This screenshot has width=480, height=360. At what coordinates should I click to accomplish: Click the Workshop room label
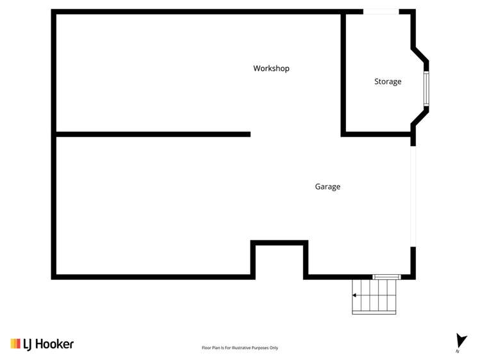tap(271, 69)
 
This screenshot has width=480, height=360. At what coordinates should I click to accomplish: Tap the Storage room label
tap(388, 82)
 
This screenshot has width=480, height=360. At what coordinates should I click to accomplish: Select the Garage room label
tap(327, 187)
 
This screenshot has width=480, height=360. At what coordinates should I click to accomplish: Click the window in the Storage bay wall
tap(426, 89)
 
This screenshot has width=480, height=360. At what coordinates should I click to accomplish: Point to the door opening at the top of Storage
tap(381, 12)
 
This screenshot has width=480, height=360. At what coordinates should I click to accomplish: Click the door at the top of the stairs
tap(386, 277)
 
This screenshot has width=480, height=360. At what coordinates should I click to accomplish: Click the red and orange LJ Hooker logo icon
tap(15, 344)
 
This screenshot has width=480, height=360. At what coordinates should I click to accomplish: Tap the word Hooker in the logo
tap(57, 344)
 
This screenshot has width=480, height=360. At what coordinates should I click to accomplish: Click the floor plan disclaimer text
tap(240, 348)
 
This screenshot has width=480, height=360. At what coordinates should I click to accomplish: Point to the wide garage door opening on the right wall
tap(413, 196)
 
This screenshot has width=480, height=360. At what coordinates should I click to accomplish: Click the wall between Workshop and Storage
tap(343, 74)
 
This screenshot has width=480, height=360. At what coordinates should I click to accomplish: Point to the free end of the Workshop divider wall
tap(248, 134)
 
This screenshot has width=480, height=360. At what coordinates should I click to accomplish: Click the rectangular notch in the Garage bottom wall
tap(279, 242)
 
